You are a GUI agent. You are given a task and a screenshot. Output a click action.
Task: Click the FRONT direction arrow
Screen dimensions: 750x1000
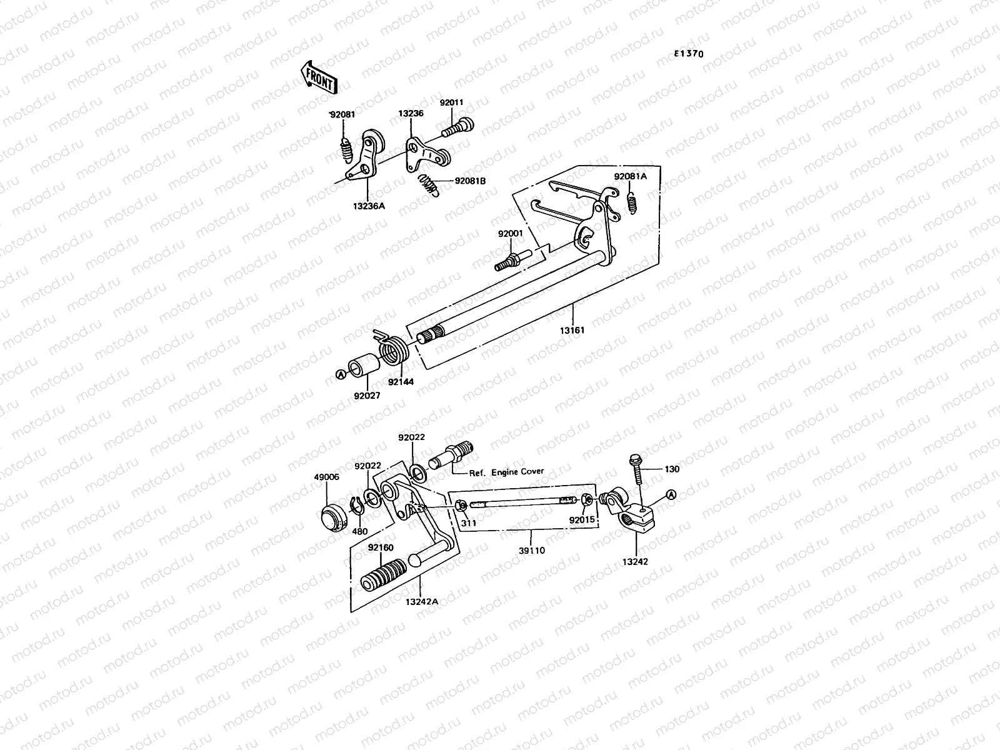[319, 77]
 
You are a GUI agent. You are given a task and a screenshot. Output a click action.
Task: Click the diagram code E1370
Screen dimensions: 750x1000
[688, 54]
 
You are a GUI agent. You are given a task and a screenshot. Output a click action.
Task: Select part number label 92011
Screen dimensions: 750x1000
[451, 102]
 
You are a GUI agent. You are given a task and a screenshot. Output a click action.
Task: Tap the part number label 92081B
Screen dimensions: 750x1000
[470, 181]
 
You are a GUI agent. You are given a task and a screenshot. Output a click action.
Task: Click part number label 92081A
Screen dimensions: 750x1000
[630, 176]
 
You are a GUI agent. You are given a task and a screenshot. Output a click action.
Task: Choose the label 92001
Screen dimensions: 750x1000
[511, 234]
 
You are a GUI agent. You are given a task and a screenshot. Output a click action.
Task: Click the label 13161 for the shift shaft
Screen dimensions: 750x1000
[572, 329]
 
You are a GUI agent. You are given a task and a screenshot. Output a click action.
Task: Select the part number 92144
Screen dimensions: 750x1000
[400, 381]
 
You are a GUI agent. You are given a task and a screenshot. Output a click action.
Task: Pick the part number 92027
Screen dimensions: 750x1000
[366, 395]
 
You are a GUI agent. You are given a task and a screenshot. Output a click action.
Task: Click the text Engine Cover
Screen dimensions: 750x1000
[517, 472]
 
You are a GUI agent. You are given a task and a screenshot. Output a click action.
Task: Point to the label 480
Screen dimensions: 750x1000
[359, 531]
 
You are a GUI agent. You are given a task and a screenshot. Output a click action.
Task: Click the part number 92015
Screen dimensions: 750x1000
[582, 519]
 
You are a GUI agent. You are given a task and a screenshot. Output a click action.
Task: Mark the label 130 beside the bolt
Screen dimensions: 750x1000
[672, 469]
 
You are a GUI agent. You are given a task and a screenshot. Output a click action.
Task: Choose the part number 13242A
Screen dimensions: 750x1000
[421, 601]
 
